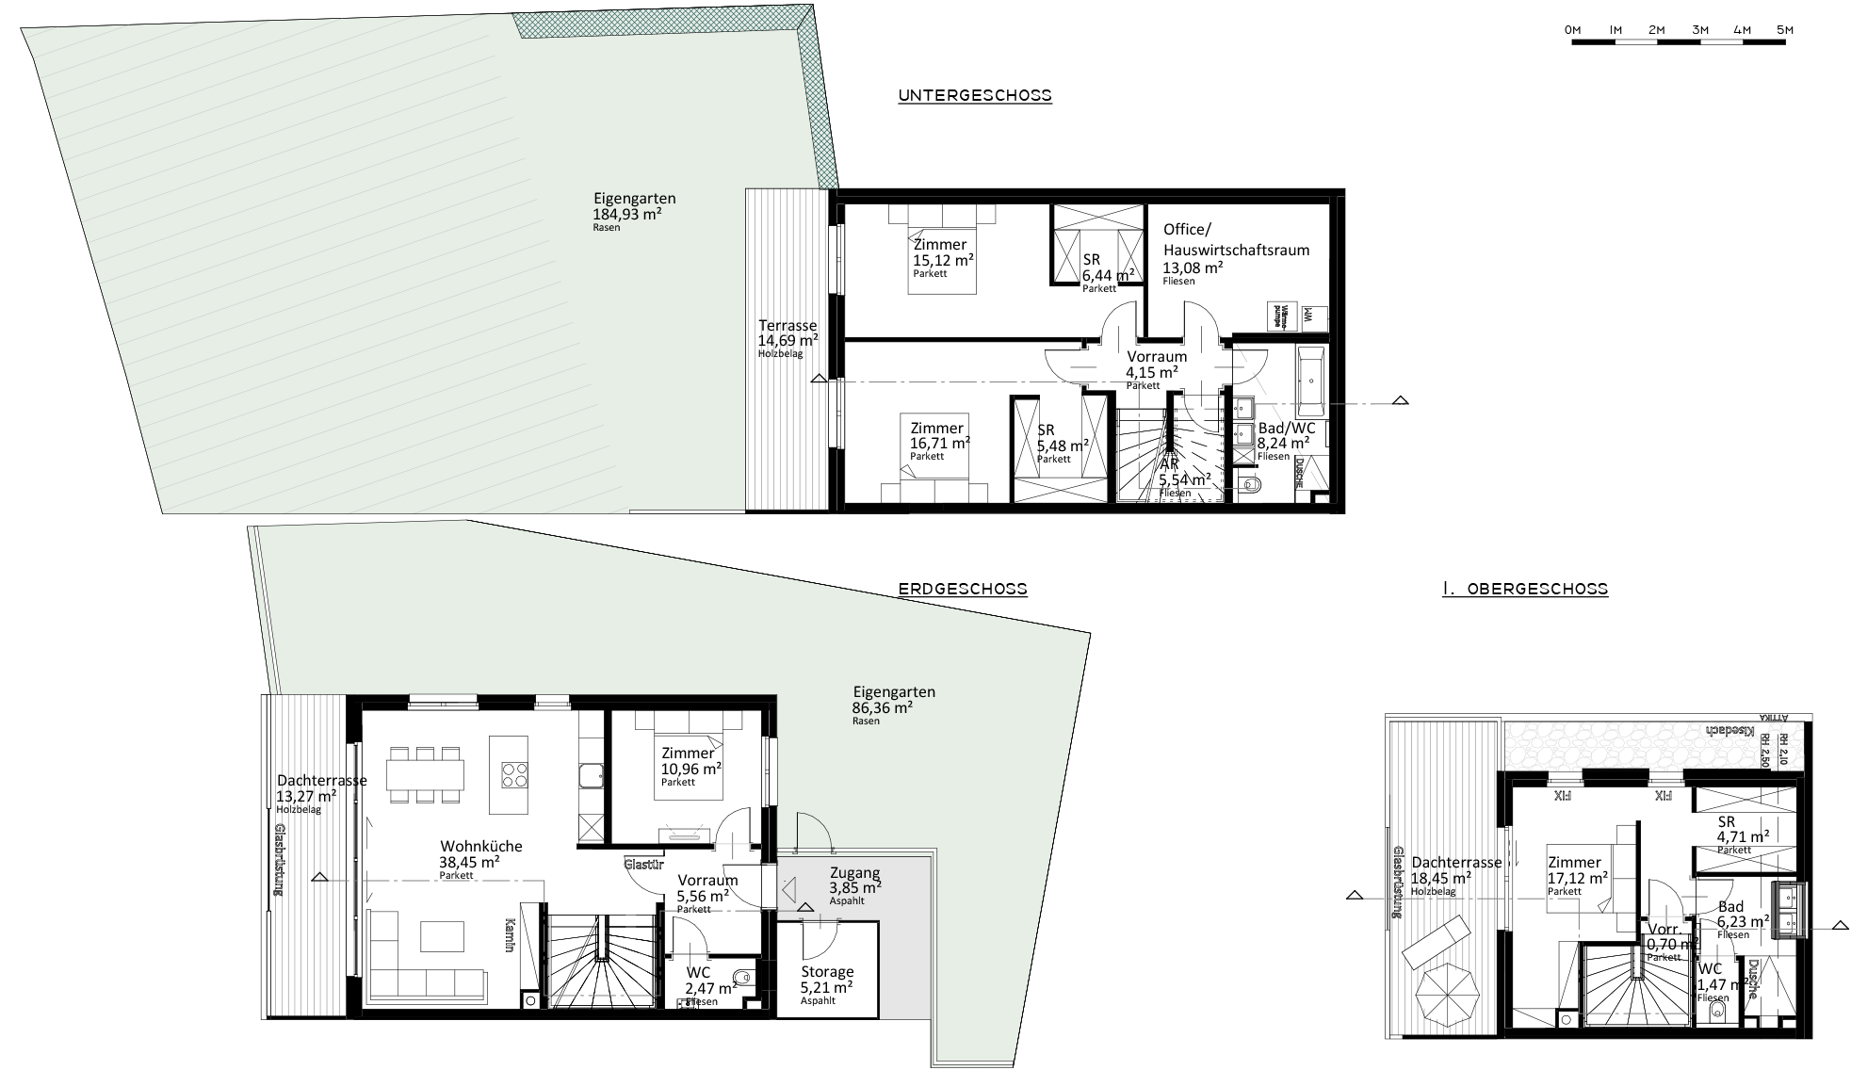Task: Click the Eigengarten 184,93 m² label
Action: tap(626, 212)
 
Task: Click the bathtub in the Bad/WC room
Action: tap(1310, 382)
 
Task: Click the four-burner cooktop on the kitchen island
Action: tap(513, 775)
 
